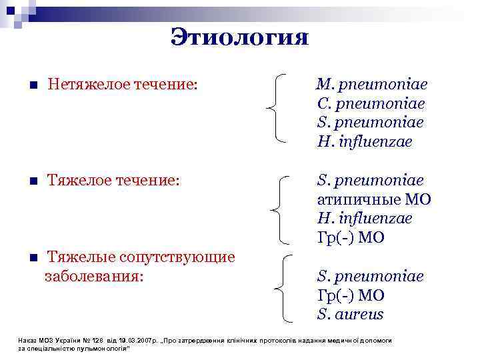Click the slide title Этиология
click(239, 36)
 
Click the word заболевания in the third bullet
click(93, 276)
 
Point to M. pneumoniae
click(372, 85)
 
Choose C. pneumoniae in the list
click(371, 105)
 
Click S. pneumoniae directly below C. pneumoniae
click(370, 123)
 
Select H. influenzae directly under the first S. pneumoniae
click(365, 142)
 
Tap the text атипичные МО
click(374, 199)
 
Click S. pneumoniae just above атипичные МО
click(370, 181)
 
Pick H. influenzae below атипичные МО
click(365, 219)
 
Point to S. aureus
click(351, 314)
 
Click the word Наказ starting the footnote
click(28, 341)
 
